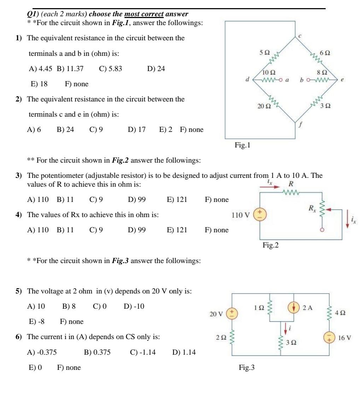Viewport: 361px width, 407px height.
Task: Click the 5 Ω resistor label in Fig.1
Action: pos(264,52)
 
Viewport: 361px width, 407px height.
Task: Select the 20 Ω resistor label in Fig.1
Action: pos(264,106)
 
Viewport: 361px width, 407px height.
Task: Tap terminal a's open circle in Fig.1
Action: pos(280,80)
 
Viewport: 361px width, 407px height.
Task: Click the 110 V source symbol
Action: pos(260,215)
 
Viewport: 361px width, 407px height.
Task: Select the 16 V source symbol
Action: pos(329,337)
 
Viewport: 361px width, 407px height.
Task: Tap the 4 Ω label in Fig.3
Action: pos(341,313)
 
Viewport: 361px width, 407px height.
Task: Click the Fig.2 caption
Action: pos(270,245)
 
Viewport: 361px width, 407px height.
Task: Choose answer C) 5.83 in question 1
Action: pos(110,69)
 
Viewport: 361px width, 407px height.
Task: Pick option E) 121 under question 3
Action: pos(177,200)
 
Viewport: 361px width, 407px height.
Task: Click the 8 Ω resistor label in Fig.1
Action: pos(321,72)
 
